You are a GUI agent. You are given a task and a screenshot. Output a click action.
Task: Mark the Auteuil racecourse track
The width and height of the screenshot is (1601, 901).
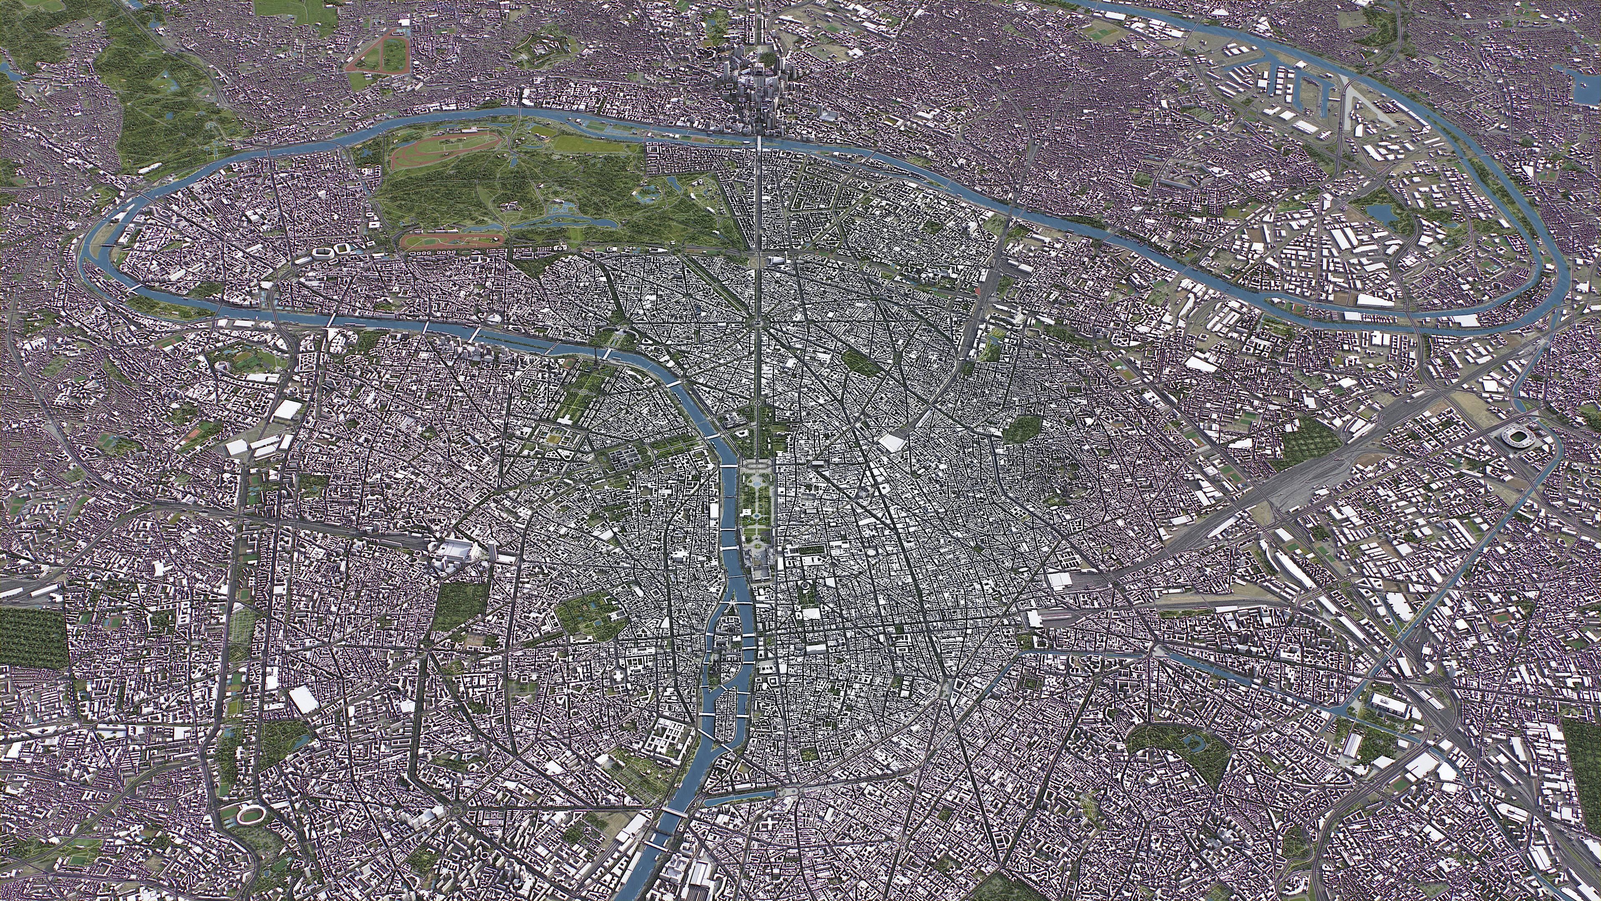452,239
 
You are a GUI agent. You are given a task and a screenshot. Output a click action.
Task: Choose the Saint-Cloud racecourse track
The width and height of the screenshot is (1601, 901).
376,53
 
